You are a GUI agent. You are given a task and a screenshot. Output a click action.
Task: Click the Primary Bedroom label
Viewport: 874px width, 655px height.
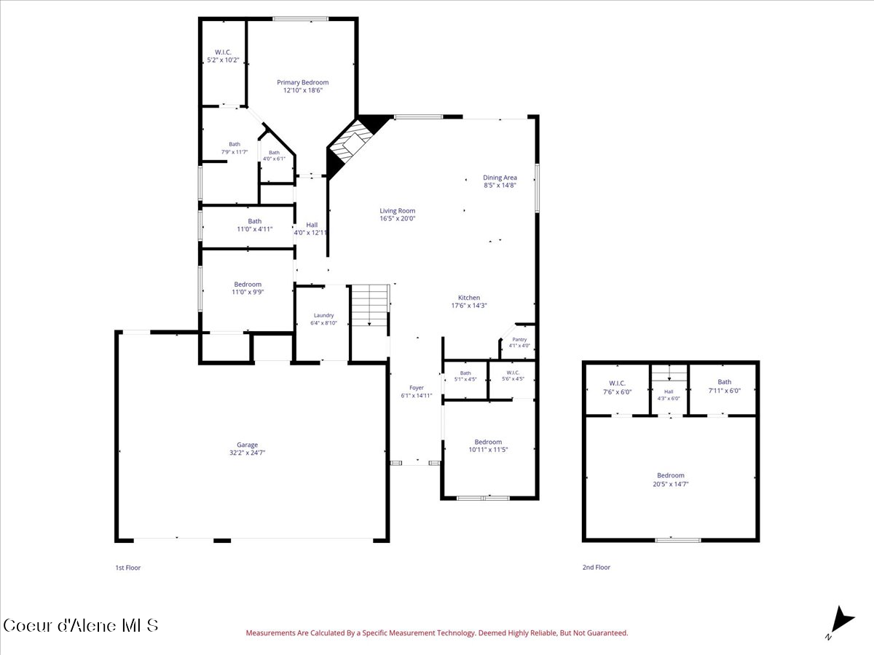click(x=302, y=82)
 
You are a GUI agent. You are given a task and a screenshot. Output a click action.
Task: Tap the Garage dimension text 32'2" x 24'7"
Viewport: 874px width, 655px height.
click(x=247, y=453)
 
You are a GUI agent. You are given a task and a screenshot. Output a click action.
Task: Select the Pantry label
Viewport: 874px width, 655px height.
click(x=519, y=339)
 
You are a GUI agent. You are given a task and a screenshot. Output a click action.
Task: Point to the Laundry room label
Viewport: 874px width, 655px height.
click(x=323, y=315)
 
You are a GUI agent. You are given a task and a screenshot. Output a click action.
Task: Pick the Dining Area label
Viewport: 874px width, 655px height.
click(x=500, y=178)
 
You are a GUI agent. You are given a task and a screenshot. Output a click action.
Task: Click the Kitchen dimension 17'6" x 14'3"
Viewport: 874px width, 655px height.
click(x=469, y=306)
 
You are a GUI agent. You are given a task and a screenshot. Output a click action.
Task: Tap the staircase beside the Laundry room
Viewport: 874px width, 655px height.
click(x=370, y=305)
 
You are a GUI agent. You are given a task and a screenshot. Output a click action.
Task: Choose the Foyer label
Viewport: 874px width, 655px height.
click(x=417, y=388)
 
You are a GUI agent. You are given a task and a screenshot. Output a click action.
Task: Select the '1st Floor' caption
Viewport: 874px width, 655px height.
click(x=127, y=568)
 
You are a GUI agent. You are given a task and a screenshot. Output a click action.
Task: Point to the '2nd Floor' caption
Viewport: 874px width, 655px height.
click(x=596, y=567)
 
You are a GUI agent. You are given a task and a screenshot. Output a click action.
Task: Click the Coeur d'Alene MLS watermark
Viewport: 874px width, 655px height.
click(x=80, y=626)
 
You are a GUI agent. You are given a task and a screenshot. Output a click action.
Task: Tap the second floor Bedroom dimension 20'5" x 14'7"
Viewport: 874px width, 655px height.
click(x=671, y=484)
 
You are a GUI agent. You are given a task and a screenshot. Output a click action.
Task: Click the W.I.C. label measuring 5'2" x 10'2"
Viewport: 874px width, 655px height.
click(x=223, y=52)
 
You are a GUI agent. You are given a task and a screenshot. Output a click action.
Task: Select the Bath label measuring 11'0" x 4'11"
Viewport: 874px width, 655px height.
click(x=255, y=221)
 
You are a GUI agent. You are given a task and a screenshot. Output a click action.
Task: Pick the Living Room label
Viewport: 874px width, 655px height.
click(x=398, y=211)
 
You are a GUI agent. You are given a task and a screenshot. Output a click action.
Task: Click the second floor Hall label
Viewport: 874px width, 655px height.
click(x=669, y=392)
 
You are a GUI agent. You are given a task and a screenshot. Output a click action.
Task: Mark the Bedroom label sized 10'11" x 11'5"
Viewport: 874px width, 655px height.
click(x=488, y=442)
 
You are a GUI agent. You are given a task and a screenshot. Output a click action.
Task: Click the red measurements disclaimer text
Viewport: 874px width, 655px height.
click(x=437, y=632)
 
